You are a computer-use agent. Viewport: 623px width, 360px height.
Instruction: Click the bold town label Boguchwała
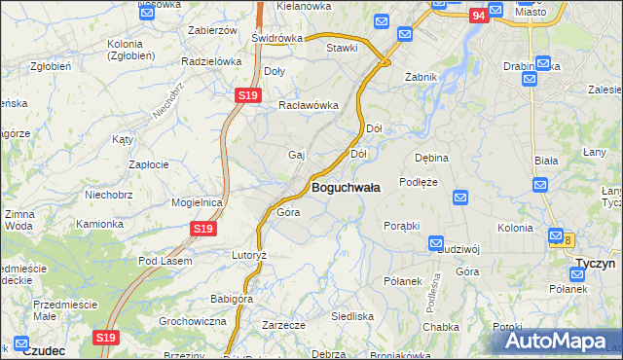click(x=346, y=186)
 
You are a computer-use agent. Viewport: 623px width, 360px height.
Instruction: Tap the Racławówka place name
click(x=308, y=105)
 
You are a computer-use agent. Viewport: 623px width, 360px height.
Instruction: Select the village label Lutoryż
click(x=247, y=254)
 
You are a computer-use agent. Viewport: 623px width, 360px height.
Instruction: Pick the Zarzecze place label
click(x=284, y=325)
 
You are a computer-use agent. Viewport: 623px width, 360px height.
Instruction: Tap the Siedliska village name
click(x=352, y=316)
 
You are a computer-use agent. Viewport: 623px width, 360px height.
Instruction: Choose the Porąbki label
click(x=401, y=225)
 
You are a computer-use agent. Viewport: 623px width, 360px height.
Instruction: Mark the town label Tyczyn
click(x=593, y=264)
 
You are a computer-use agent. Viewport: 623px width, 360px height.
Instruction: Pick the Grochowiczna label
click(x=192, y=320)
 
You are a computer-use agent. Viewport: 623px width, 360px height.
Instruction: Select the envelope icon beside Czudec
click(x=21, y=343)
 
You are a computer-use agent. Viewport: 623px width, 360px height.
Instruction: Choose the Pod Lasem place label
click(x=165, y=261)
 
